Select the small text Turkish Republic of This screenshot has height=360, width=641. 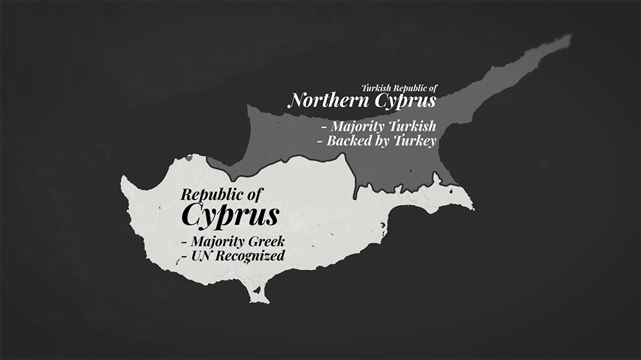pyautogui.click(x=399, y=88)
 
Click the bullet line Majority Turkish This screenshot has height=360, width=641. pyautogui.click(x=378, y=126)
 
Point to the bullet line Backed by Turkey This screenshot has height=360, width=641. pyautogui.click(x=377, y=141)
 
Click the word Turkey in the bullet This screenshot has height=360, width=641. pyautogui.click(x=415, y=141)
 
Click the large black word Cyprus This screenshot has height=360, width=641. pyautogui.click(x=229, y=216)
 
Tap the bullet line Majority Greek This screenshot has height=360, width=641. pyautogui.click(x=233, y=243)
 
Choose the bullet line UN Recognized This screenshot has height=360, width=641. pyautogui.click(x=233, y=256)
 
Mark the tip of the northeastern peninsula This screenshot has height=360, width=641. pyautogui.click(x=567, y=39)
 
